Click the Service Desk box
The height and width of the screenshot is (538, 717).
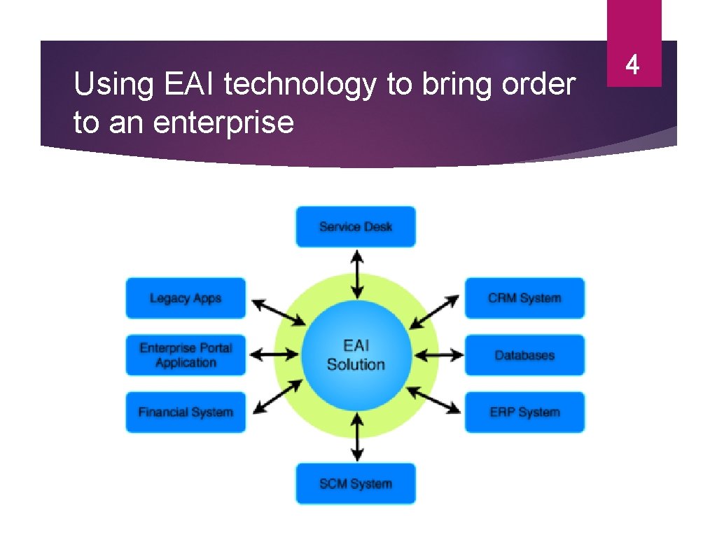coord(355,226)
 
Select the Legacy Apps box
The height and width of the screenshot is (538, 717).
coord(186,298)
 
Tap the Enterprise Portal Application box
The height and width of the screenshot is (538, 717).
coord(186,355)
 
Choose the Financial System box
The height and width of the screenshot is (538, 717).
coord(186,412)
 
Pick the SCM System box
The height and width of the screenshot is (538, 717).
coord(355,483)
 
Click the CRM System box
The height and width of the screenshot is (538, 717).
coord(524,298)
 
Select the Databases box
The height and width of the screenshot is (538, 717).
coord(524,355)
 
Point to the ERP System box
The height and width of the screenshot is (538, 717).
coord(524,412)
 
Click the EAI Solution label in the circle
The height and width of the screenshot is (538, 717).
coord(356,355)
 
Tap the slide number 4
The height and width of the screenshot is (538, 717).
coord(633,66)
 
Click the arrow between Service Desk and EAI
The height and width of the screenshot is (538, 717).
coord(357,274)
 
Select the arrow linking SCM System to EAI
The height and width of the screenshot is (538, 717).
coord(357,436)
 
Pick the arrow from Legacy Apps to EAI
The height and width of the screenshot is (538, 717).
coord(278,312)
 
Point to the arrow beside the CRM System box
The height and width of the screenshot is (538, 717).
coord(434,312)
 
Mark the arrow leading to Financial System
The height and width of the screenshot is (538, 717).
coord(278,397)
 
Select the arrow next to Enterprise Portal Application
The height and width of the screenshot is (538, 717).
coord(269,355)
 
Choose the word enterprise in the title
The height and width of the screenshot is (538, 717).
coord(223,123)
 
